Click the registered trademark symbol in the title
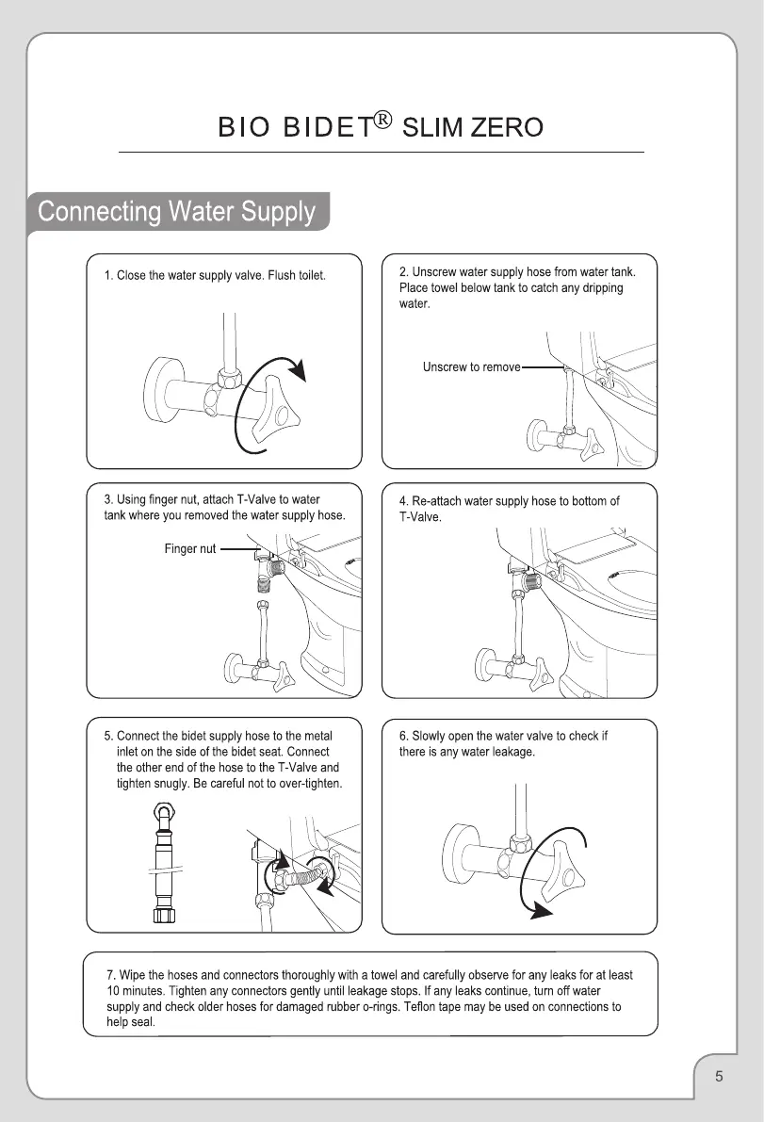pyautogui.click(x=384, y=120)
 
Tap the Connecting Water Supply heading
pyautogui.click(x=176, y=211)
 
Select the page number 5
pyautogui.click(x=719, y=1076)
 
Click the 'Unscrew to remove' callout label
pyautogui.click(x=471, y=366)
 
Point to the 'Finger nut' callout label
pyautogui.click(x=190, y=548)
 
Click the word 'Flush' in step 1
pyautogui.click(x=284, y=275)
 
